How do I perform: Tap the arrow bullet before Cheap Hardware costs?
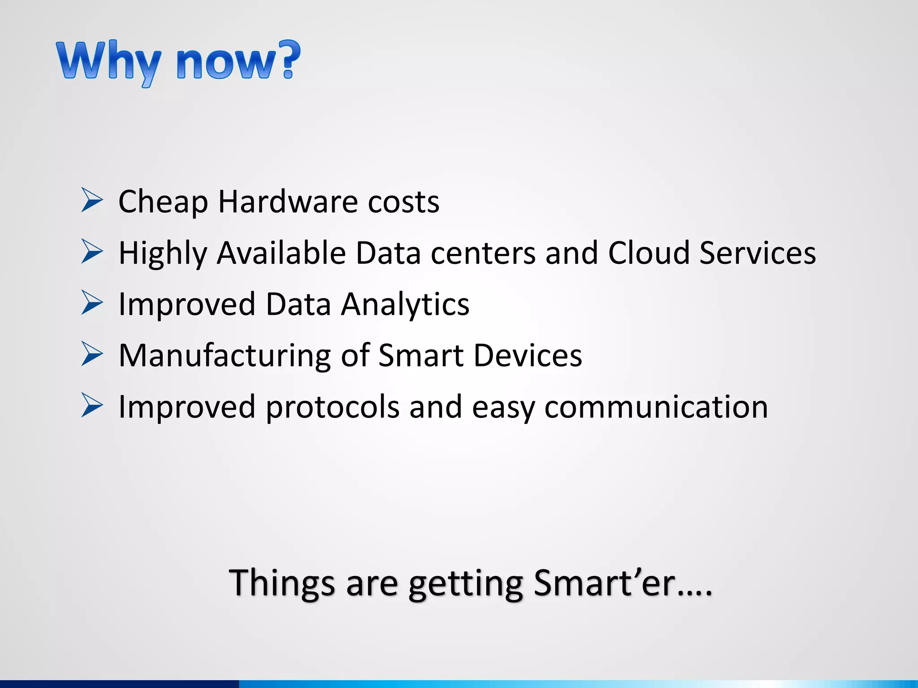pos(92,200)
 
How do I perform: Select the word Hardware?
pos(288,202)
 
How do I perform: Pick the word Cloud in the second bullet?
pos(648,253)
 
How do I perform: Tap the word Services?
pos(758,253)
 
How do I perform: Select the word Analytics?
pos(405,305)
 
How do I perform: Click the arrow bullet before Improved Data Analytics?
pos(92,303)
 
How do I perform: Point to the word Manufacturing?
pos(225,356)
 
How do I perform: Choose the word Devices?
pos(528,356)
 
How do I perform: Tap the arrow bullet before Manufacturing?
pos(92,354)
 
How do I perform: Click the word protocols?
pos(332,408)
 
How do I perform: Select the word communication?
pos(656,407)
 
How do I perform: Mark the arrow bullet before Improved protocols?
pos(92,405)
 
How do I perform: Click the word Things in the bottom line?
pos(281,583)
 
